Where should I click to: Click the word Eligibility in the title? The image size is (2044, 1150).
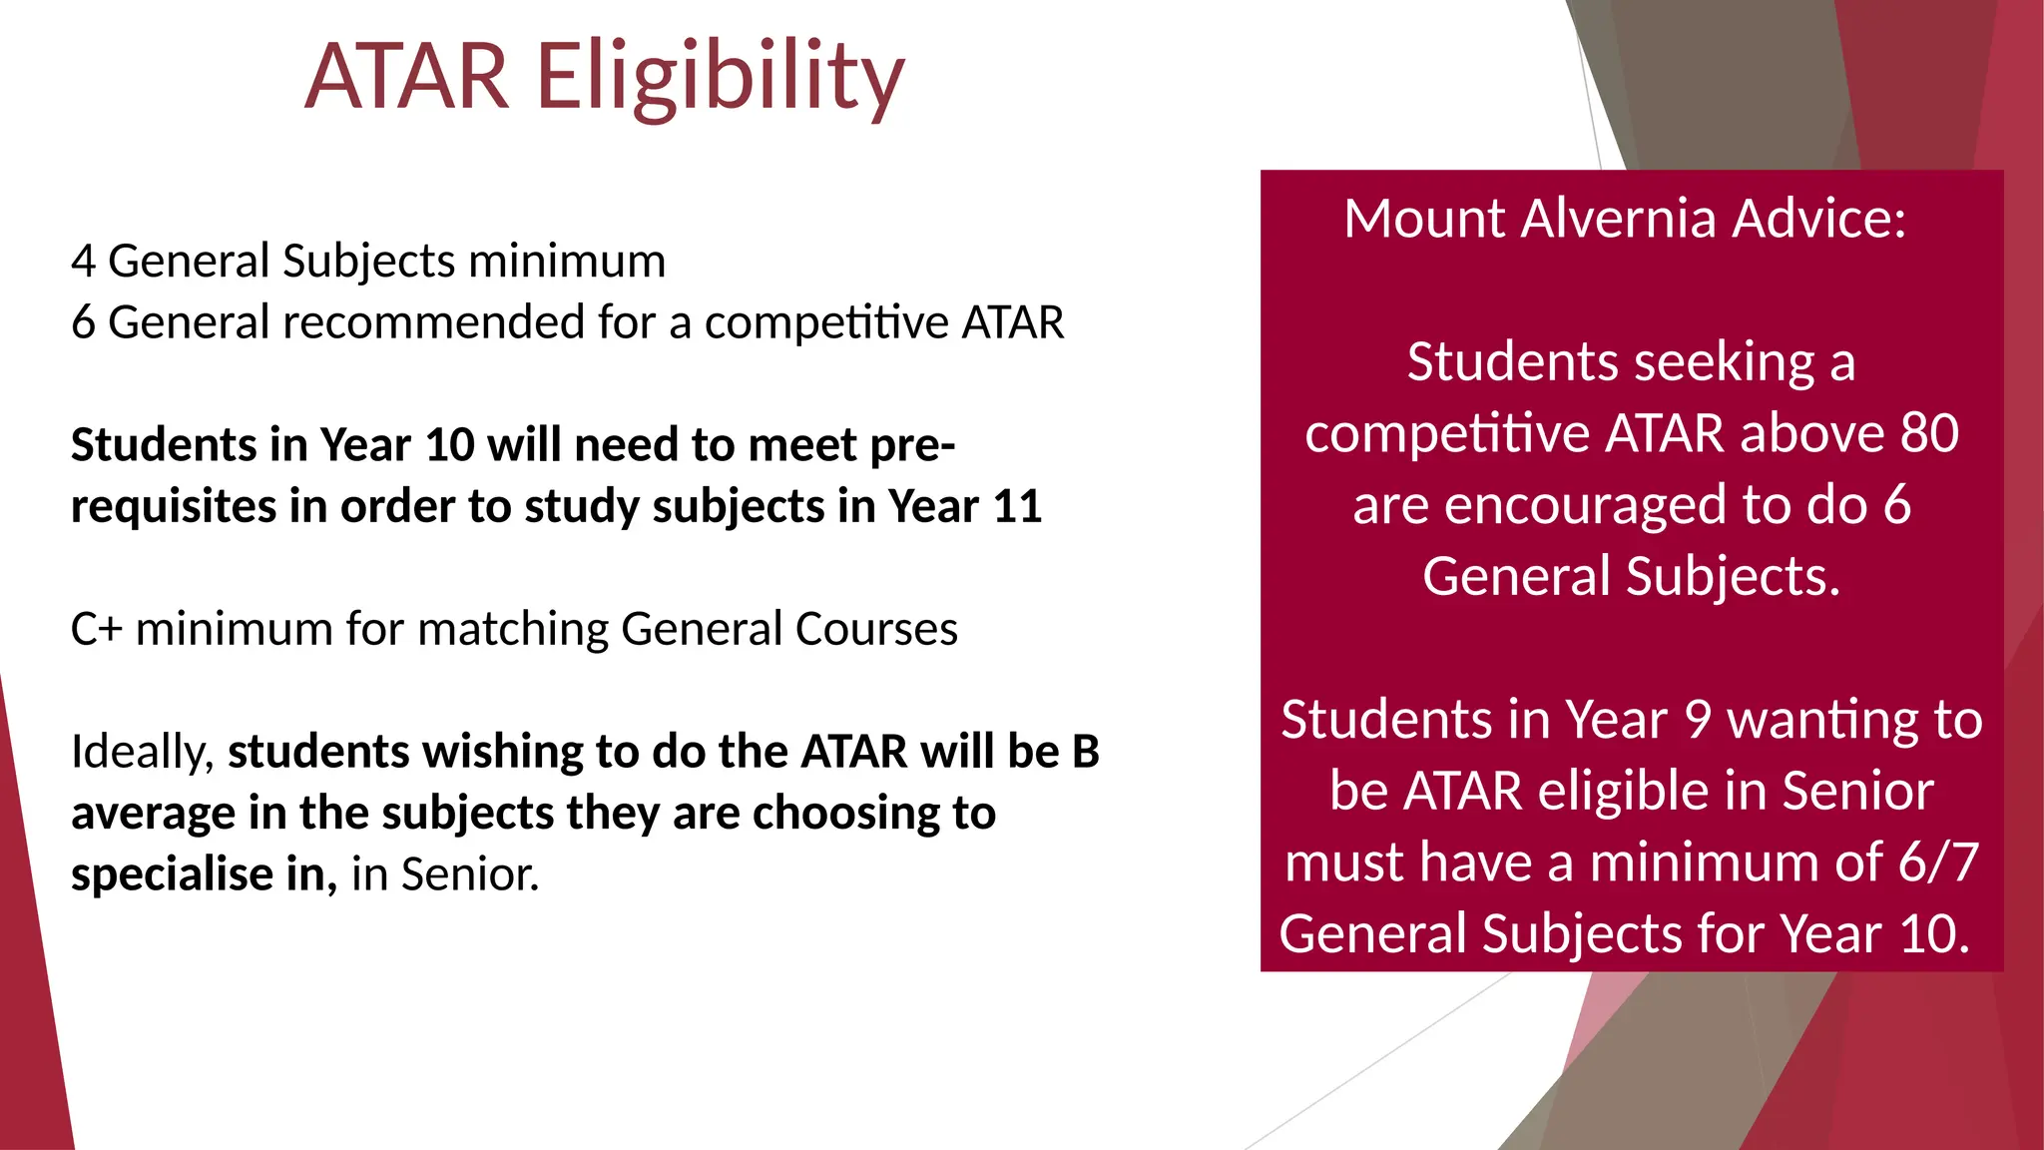pos(721,78)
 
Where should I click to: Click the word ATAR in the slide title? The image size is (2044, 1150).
pos(407,78)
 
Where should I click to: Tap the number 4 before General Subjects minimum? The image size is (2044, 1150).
pos(83,262)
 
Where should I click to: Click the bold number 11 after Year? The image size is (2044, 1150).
pos(1017,506)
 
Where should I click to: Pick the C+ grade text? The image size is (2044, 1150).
pos(96,629)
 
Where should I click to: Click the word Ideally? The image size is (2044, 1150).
pos(142,752)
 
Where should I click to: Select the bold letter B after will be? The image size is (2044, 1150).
pos(1085,752)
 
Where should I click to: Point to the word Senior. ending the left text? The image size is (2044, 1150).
pos(469,874)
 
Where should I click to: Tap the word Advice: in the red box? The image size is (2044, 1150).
pos(1818,219)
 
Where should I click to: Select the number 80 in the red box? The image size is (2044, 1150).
pos(1928,433)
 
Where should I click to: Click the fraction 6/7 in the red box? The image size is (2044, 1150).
pos(1937,862)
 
